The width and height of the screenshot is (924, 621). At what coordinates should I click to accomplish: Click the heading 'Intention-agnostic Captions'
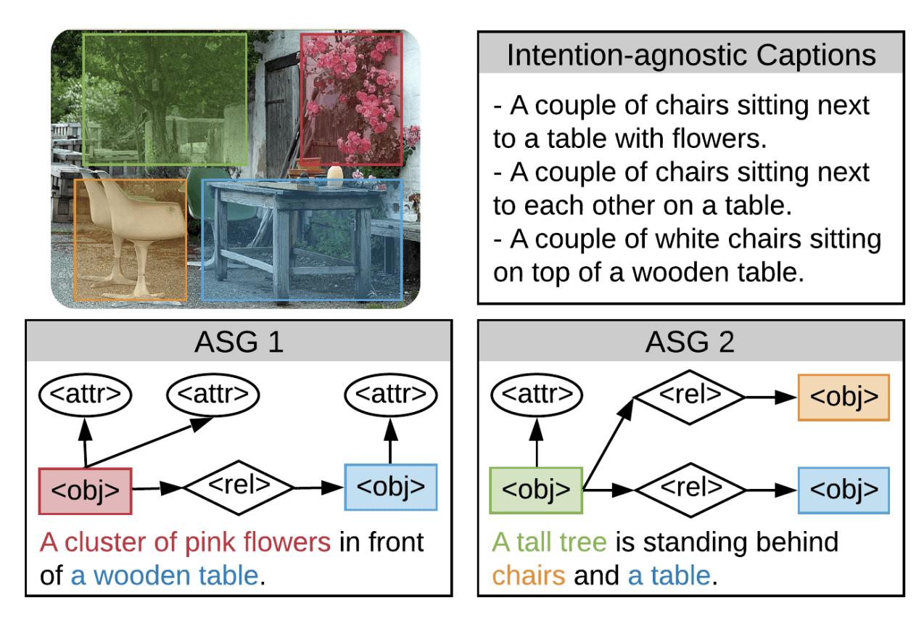691,55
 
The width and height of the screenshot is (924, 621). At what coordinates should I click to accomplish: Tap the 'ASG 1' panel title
239,342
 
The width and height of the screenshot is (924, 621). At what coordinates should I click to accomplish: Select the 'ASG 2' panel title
690,342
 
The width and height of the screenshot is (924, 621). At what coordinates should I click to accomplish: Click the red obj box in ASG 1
86,491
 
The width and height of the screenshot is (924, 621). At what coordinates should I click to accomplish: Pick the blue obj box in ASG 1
391,488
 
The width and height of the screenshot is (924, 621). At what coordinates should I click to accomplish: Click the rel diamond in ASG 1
239,488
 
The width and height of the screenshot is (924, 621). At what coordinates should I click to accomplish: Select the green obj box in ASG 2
536,490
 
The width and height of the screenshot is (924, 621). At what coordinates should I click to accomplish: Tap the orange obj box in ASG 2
844,398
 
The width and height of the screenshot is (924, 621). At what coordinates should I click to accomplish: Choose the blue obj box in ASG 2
844,490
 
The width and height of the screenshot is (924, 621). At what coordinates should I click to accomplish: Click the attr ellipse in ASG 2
537,395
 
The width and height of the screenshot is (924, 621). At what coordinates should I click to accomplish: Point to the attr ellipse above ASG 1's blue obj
391,395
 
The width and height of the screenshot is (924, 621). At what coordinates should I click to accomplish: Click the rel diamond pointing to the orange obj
690,398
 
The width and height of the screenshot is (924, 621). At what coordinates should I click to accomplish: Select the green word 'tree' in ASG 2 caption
582,542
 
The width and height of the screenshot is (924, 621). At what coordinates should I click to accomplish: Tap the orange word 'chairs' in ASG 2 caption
529,575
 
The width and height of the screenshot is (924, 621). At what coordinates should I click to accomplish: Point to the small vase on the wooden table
335,176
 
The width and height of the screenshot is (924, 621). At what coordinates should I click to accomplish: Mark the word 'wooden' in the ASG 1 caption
141,575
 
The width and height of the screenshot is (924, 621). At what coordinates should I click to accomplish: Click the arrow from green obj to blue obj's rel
609,490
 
